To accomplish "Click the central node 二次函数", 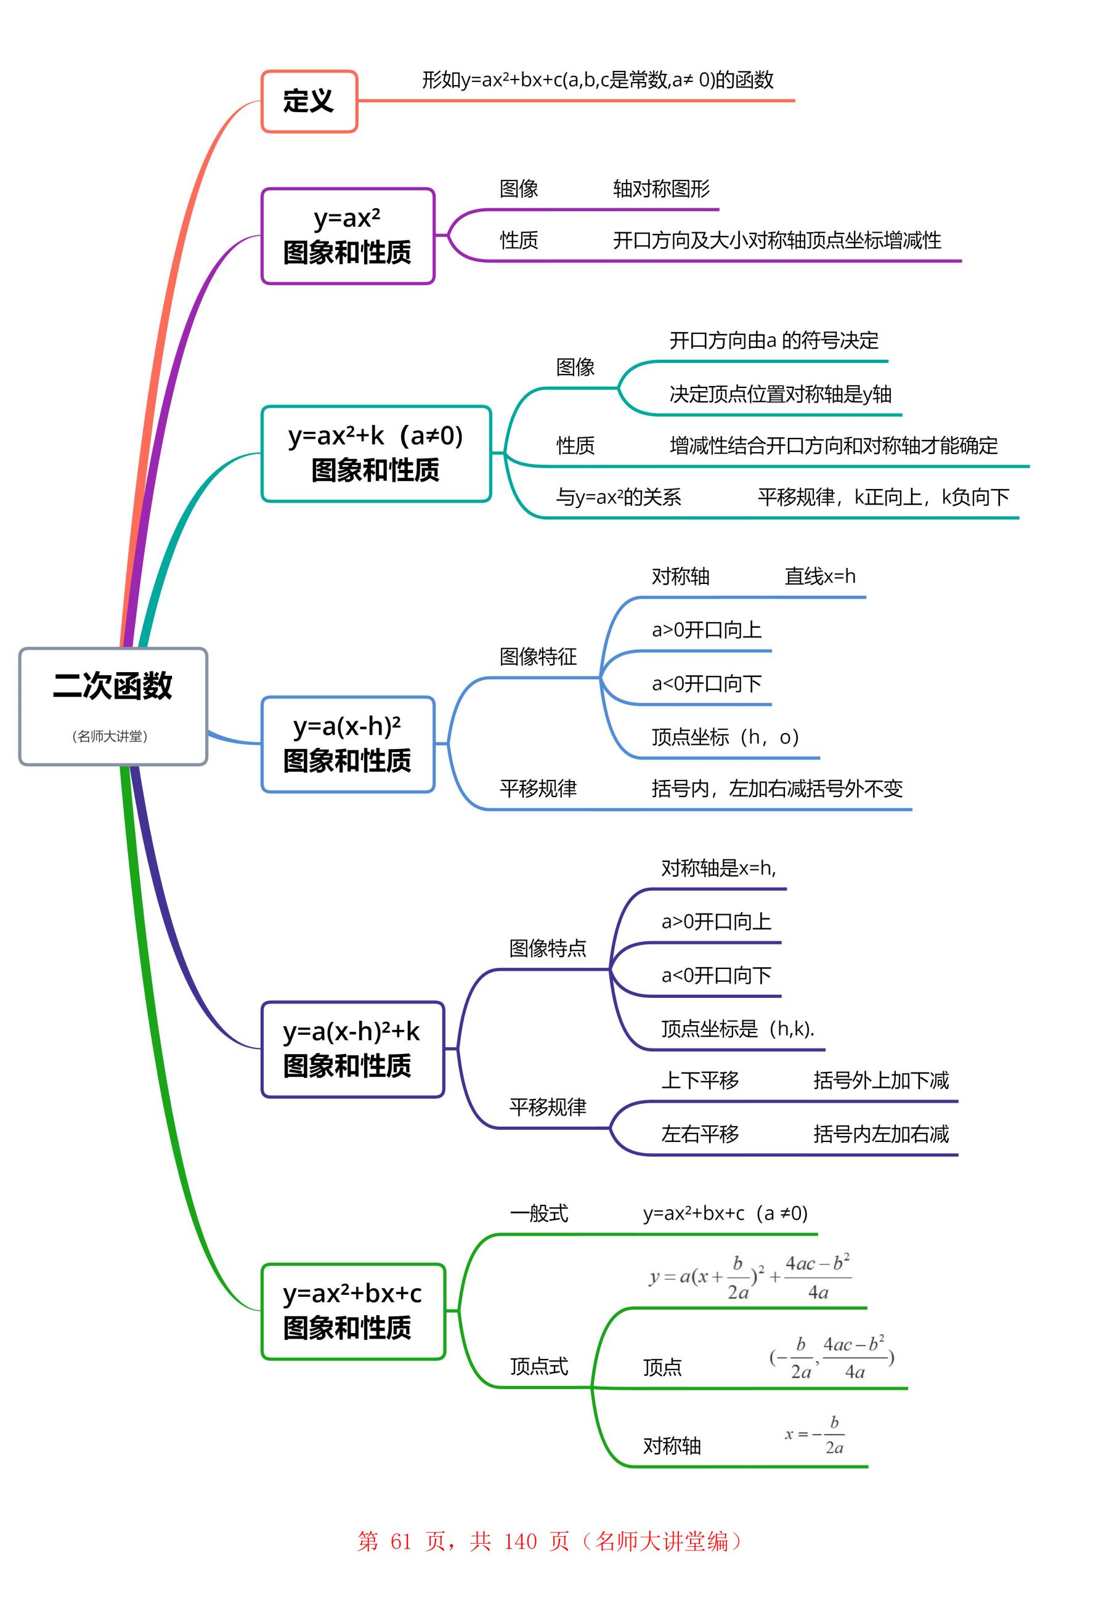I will [x=113, y=686].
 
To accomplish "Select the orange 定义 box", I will [x=309, y=102].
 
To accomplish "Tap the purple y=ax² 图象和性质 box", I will [x=347, y=236].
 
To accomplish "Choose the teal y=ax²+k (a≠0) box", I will [x=376, y=453].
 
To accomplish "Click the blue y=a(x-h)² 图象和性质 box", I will [x=347, y=744].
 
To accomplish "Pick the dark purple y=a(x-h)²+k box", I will [x=352, y=1049].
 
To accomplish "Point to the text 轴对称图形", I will [x=661, y=189].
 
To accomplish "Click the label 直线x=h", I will [x=820, y=577].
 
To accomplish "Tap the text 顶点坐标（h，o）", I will [x=725, y=737].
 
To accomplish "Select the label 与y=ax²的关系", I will [x=618, y=497].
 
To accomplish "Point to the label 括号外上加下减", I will [x=880, y=1080].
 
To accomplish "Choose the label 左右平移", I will [x=700, y=1134].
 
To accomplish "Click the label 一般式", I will [x=538, y=1214].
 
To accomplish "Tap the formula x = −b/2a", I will [x=815, y=1435].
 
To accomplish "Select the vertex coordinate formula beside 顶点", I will [x=832, y=1357].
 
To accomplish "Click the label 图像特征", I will [x=538, y=657].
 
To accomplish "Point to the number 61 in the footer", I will [x=401, y=1541].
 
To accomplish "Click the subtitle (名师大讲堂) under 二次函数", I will [x=110, y=736].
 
